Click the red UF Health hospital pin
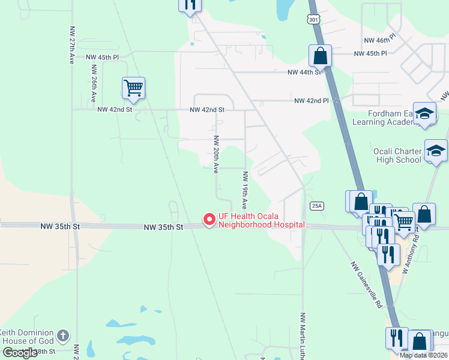click(x=209, y=220)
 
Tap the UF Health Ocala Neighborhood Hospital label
click(x=264, y=221)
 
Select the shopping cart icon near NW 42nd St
click(x=133, y=88)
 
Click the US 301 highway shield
click(x=313, y=20)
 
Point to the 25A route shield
click(x=317, y=206)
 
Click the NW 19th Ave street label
click(x=245, y=190)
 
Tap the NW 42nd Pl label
click(x=312, y=101)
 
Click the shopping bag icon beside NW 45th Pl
click(x=321, y=56)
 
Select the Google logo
click(x=20, y=352)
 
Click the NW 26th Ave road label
click(x=94, y=88)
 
